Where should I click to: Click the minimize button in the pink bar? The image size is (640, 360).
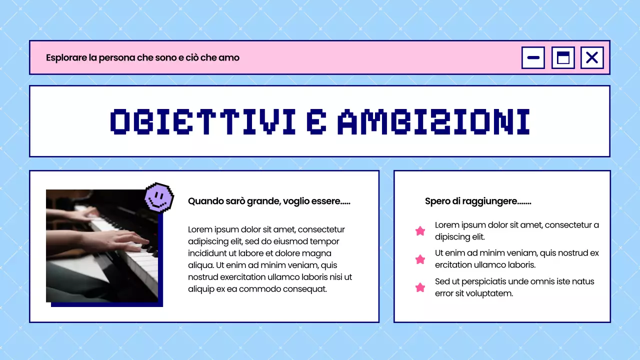pyautogui.click(x=533, y=57)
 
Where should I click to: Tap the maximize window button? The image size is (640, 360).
pyautogui.click(x=563, y=57)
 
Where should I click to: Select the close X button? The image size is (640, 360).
pyautogui.click(x=592, y=57)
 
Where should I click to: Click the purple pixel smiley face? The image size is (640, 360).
pyautogui.click(x=159, y=197)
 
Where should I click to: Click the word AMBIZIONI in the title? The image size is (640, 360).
pyautogui.click(x=433, y=121)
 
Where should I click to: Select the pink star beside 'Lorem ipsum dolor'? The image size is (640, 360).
pyautogui.click(x=420, y=231)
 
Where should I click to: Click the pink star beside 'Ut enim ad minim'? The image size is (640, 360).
pyautogui.click(x=420, y=259)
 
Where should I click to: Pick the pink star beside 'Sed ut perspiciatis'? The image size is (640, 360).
pyautogui.click(x=420, y=287)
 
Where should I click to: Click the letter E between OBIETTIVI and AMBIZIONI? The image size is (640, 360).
pyautogui.click(x=315, y=121)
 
